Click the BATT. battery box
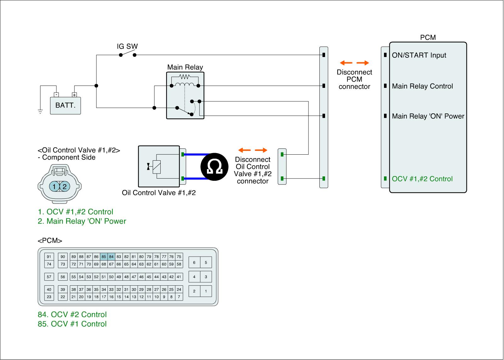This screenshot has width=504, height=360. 66,106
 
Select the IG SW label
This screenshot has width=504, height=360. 127,46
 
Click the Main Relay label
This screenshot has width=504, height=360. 185,67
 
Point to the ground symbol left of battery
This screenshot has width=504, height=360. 40,111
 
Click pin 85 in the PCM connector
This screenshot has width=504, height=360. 104,257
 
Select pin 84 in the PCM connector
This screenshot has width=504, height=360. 111,257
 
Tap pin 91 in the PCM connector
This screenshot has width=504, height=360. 49,257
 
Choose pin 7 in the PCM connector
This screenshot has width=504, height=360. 179,297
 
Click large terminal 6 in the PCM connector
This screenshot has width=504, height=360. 194,262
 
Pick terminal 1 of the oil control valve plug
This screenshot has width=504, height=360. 54,187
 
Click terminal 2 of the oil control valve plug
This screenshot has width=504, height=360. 64,187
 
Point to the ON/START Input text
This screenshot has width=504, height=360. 419,55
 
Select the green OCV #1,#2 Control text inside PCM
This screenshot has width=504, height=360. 422,179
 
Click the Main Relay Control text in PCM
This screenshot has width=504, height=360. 422,86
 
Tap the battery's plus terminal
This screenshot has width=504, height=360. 74,95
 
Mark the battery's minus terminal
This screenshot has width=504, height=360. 56,95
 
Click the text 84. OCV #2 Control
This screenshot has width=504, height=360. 72,314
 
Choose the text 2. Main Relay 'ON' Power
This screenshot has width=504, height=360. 82,221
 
